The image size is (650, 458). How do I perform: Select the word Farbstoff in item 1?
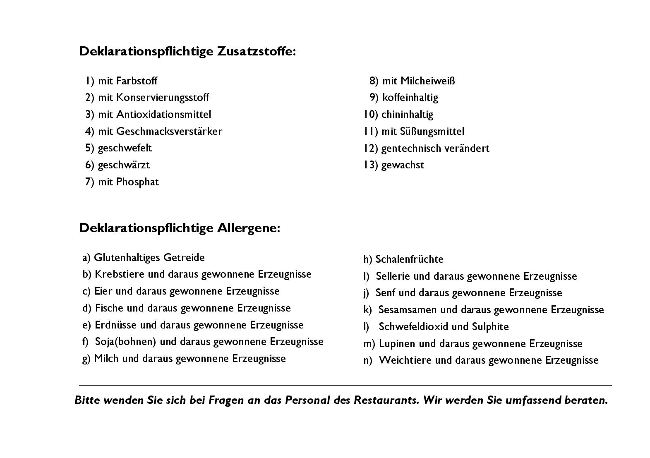coord(137,81)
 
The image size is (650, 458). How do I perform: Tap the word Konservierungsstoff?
coord(163,98)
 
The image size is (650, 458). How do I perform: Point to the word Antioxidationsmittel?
coord(163,115)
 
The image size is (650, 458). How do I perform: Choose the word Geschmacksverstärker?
coord(169,132)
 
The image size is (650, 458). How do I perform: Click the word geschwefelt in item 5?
coord(125,148)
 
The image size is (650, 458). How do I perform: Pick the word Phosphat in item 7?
coord(137,182)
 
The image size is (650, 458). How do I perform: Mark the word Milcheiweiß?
coord(427,81)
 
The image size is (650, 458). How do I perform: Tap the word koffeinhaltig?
coord(410,98)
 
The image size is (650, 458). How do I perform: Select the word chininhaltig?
coord(407,115)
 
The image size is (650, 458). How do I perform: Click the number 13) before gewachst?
coord(370,165)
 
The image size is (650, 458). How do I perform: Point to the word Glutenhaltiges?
coord(127,258)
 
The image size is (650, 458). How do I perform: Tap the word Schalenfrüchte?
coord(409,259)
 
